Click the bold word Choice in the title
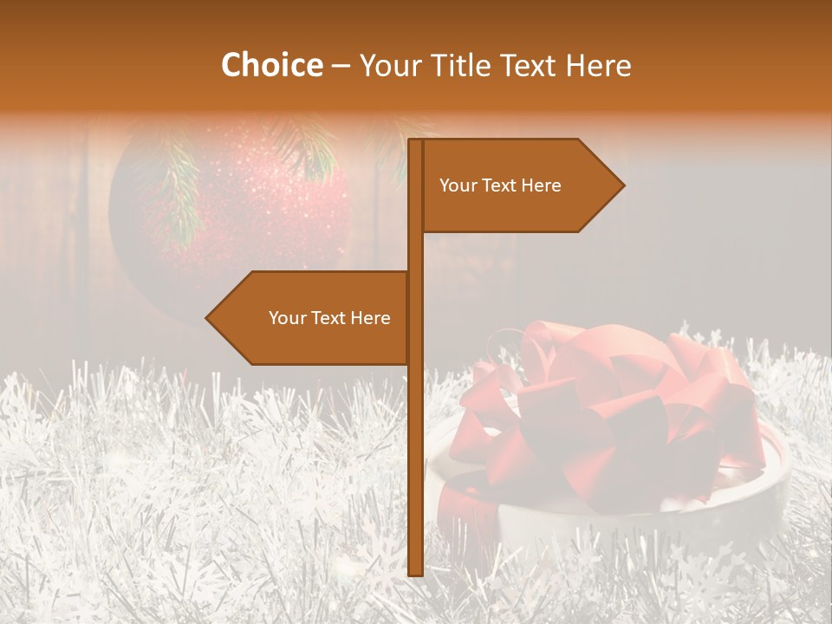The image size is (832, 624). point(271,65)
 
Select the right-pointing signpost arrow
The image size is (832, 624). point(520,185)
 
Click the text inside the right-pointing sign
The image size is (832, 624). point(500,185)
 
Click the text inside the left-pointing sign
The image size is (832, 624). point(329,318)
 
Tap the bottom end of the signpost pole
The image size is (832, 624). point(415,572)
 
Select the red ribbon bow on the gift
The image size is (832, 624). point(598,407)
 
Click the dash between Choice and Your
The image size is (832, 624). point(341,66)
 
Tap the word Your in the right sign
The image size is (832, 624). point(458,185)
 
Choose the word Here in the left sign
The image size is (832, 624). point(370,318)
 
